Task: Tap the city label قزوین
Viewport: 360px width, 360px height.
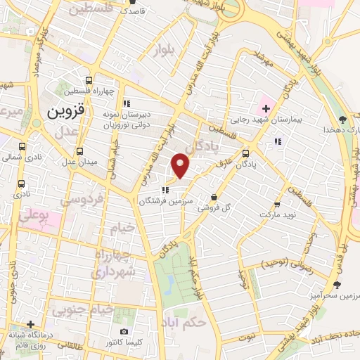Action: click(x=67, y=112)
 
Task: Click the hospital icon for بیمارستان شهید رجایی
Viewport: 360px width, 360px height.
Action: click(x=265, y=108)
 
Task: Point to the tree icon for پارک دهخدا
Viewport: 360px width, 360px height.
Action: click(x=342, y=119)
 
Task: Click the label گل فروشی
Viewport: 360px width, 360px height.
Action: click(x=213, y=208)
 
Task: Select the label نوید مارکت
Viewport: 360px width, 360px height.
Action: click(x=278, y=213)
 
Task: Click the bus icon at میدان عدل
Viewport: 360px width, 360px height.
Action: click(x=79, y=151)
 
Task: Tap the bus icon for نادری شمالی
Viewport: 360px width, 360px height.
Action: click(x=22, y=148)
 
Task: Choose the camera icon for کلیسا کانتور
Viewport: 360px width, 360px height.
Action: click(x=124, y=331)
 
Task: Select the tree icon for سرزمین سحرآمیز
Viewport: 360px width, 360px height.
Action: click(x=337, y=285)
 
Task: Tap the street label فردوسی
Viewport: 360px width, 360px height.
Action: click(x=82, y=200)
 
